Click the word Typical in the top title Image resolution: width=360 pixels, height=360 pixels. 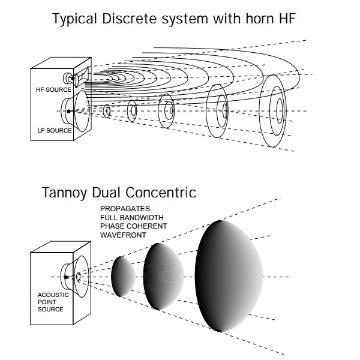(x=73, y=19)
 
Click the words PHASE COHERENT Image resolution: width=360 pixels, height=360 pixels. (x=134, y=226)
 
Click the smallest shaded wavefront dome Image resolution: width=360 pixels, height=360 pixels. (x=119, y=277)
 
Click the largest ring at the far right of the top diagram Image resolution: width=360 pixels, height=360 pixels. (x=278, y=112)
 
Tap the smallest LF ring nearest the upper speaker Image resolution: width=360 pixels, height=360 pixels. (x=107, y=111)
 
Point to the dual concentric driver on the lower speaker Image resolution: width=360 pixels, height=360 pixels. (x=76, y=277)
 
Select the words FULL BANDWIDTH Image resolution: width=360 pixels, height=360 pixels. (x=133, y=217)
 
